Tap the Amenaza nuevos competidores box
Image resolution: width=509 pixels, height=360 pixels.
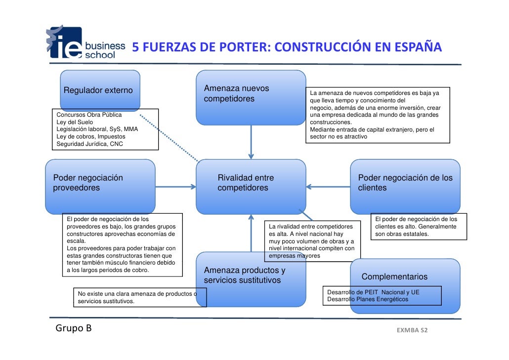(x=251, y=96)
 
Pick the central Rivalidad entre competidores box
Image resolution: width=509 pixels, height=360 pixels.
(x=251, y=185)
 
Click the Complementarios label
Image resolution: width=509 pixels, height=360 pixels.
(x=394, y=277)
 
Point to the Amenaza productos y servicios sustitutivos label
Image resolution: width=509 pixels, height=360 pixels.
(x=245, y=276)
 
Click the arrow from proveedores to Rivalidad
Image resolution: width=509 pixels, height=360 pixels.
(x=175, y=187)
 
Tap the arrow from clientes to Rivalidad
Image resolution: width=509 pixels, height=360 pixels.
(x=329, y=187)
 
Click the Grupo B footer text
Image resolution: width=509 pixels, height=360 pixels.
(x=74, y=328)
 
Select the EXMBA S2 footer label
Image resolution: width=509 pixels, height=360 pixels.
(x=412, y=330)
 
